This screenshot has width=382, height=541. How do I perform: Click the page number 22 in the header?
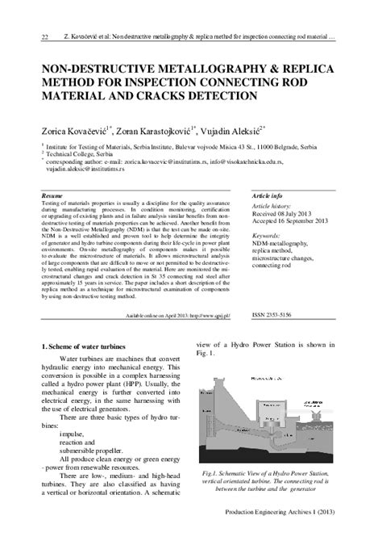click(x=23, y=36)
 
